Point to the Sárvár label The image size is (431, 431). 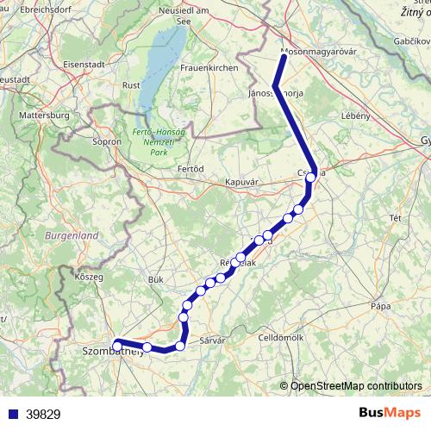(212, 341)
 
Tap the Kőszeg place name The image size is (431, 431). (90, 277)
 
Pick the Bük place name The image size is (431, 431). (155, 279)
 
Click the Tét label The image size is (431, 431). (396, 218)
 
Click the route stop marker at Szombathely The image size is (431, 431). (118, 344)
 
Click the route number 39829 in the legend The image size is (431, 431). (43, 415)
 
